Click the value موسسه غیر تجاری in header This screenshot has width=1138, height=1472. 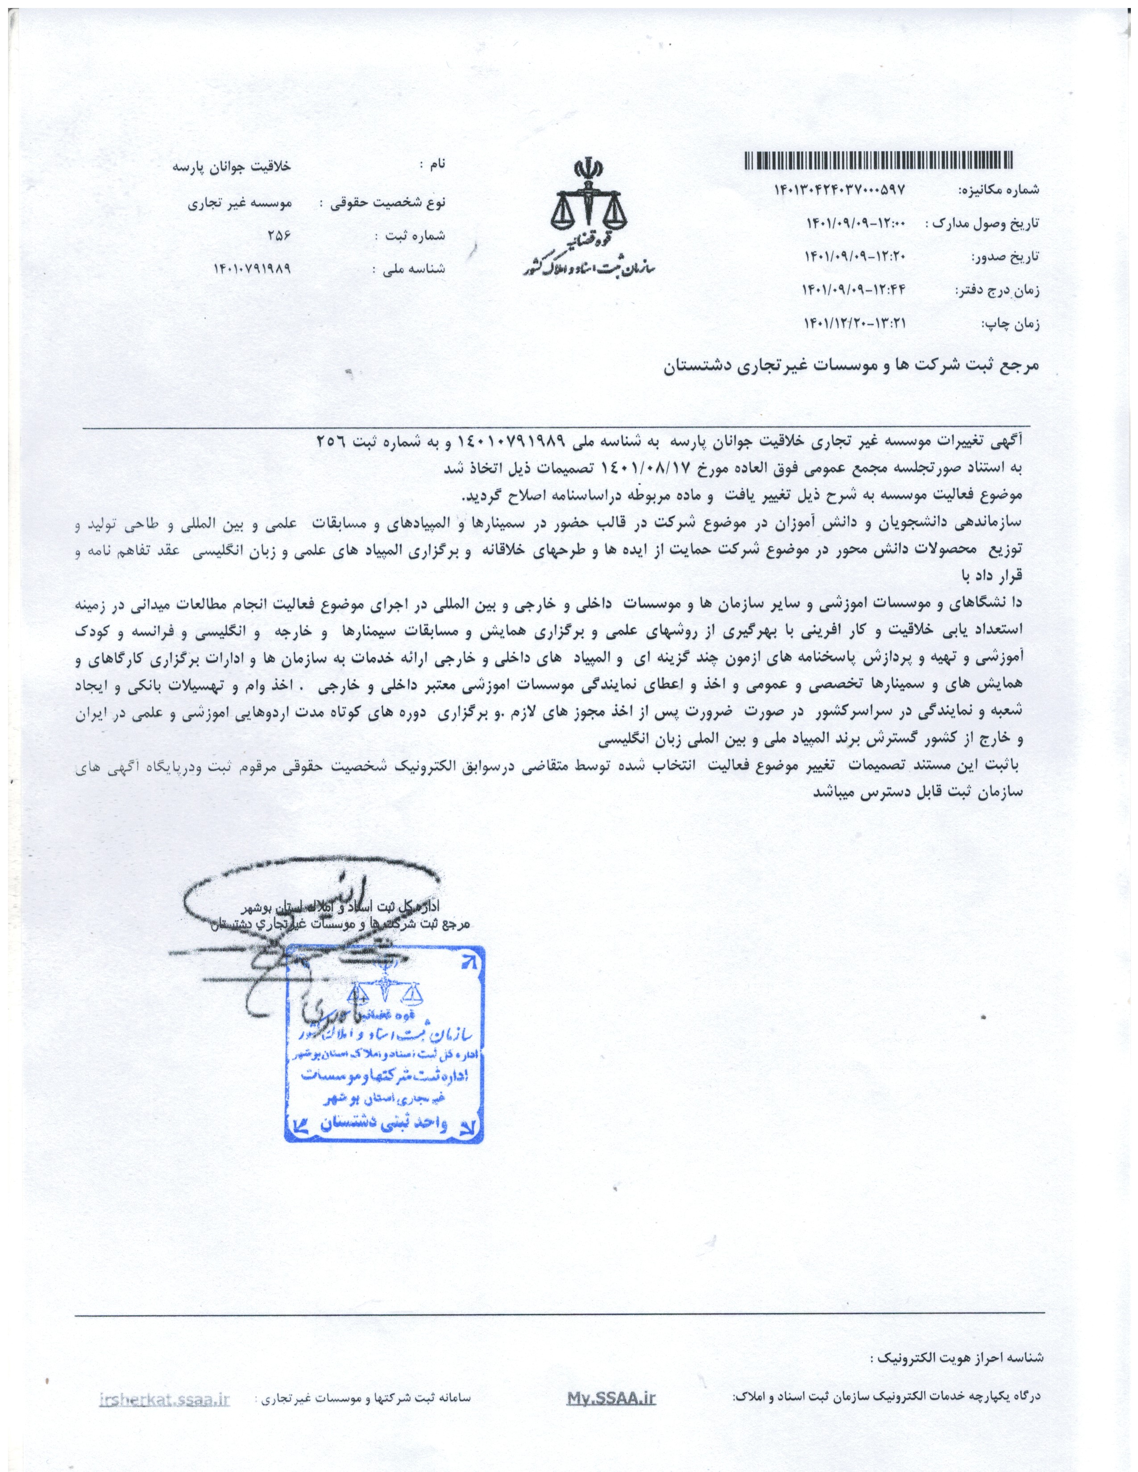click(x=239, y=202)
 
